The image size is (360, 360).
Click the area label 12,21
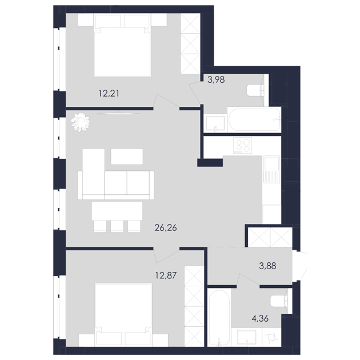click(109, 94)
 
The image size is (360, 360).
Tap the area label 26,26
click(166, 228)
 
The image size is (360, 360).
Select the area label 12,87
click(166, 275)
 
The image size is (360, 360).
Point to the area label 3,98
click(216, 79)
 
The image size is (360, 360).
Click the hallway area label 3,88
click(267, 266)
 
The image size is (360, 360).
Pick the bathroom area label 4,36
click(260, 318)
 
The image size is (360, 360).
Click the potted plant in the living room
click(80, 122)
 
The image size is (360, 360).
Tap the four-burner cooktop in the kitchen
click(242, 146)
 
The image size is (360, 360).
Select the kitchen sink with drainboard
click(271, 169)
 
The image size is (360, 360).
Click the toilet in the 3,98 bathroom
click(255, 90)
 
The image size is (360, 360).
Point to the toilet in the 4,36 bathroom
click(279, 301)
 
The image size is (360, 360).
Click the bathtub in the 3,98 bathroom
click(254, 119)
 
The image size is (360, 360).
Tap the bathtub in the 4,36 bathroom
click(219, 317)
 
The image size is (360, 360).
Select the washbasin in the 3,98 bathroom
click(215, 123)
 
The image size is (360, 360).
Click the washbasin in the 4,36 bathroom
click(247, 337)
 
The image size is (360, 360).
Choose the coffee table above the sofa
click(127, 157)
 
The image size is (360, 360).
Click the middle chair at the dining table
click(117, 226)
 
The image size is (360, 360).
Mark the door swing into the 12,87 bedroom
click(166, 255)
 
